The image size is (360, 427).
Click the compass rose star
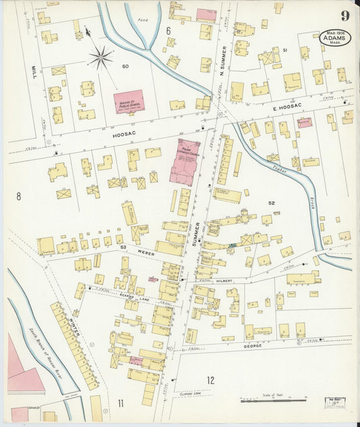(101, 57)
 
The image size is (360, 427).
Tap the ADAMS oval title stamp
(334, 36)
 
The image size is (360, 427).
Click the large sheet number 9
(344, 16)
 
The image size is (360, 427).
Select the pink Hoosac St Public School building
(128, 101)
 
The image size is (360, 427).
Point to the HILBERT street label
(224, 278)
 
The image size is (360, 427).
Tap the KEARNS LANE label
(132, 295)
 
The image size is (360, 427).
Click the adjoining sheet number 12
(210, 380)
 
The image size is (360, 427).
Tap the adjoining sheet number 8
(19, 196)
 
